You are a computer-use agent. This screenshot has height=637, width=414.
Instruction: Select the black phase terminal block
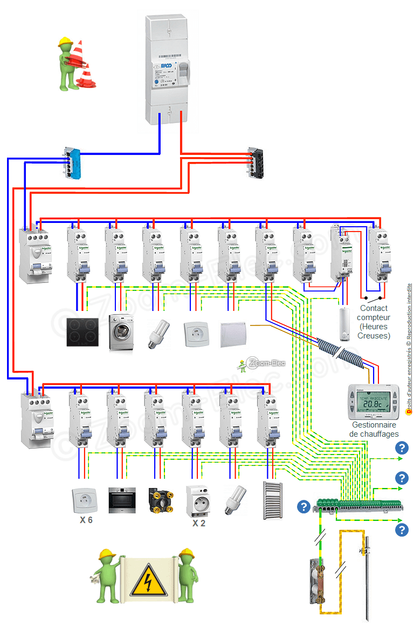click(x=256, y=162)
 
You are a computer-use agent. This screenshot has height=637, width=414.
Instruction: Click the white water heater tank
click(x=344, y=324)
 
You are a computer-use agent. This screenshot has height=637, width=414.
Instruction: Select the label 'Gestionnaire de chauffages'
click(x=374, y=429)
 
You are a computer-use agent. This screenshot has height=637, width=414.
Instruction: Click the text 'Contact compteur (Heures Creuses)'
click(x=374, y=322)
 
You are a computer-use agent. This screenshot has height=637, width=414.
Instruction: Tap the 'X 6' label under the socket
click(x=85, y=520)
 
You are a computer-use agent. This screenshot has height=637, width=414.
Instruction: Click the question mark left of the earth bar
click(x=304, y=507)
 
